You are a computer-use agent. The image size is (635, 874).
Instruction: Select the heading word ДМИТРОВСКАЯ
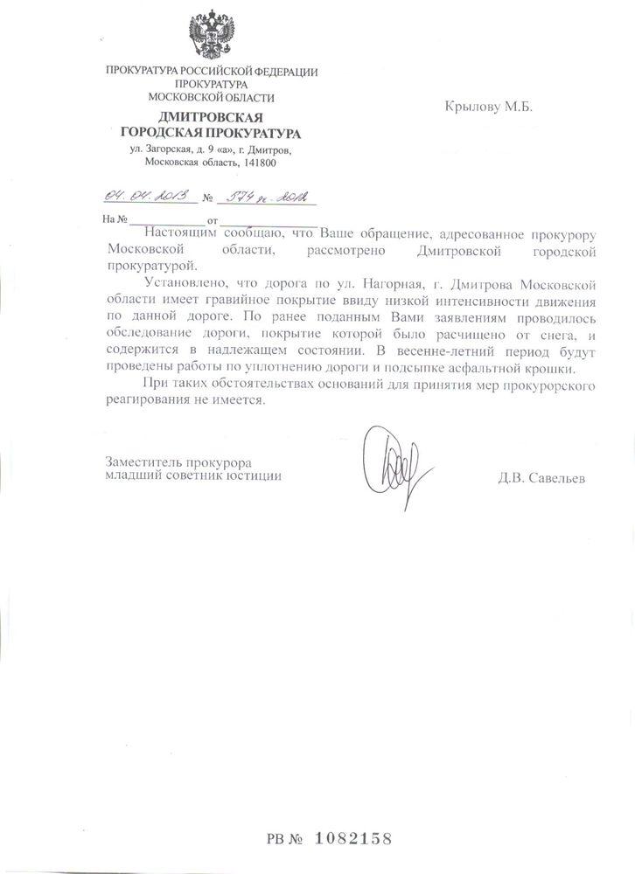210,118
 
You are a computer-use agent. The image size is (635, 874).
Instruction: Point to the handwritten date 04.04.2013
141,197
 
